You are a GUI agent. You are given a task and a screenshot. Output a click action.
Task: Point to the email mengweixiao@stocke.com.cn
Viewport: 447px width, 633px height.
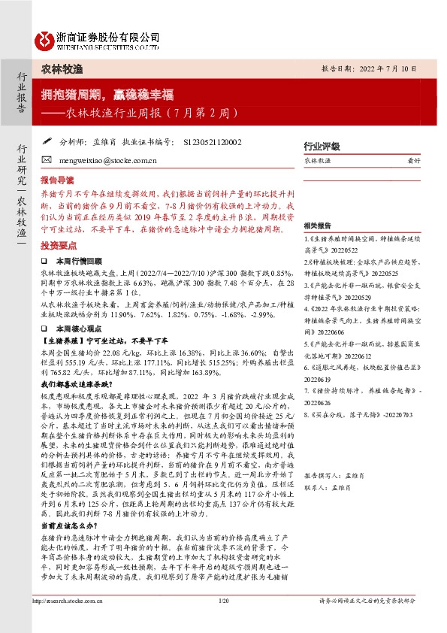pos(104,160)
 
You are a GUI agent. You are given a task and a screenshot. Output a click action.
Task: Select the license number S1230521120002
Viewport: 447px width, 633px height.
pos(212,141)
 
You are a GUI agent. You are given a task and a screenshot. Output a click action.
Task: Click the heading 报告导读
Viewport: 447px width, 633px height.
pos(57,180)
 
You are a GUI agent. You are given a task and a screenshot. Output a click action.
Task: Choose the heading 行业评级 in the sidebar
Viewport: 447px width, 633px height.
pos(322,146)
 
